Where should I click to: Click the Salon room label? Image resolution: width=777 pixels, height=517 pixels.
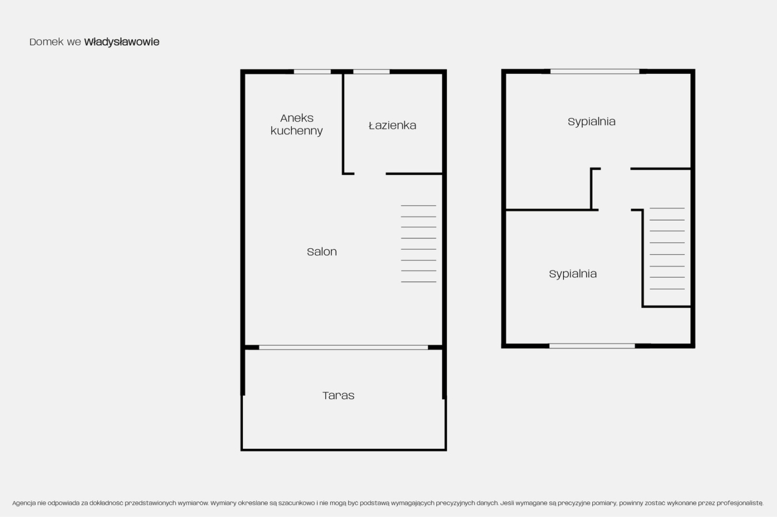click(322, 251)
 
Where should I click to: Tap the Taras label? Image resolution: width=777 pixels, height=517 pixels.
click(338, 396)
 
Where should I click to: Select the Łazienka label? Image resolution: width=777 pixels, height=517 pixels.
click(392, 125)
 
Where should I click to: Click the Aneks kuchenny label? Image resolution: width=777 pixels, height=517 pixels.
click(297, 124)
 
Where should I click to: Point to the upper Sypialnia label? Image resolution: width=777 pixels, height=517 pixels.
click(591, 122)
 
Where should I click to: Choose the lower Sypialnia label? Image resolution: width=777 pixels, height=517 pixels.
click(572, 274)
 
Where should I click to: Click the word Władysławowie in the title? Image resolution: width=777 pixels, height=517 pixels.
click(122, 42)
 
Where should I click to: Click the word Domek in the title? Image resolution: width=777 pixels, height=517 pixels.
click(47, 42)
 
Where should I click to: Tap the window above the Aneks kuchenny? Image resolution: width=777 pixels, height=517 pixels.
click(312, 72)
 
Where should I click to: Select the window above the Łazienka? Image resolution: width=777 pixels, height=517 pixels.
click(371, 72)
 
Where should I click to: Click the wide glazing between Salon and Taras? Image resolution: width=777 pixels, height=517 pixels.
click(343, 348)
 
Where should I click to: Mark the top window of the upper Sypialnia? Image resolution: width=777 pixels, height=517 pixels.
click(595, 71)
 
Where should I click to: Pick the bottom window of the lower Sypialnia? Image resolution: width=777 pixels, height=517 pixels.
click(592, 346)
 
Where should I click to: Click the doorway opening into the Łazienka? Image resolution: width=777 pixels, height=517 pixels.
click(370, 173)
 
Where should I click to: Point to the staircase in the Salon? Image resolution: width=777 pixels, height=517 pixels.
click(418, 243)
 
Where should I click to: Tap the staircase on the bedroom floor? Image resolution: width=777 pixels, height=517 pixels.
click(667, 248)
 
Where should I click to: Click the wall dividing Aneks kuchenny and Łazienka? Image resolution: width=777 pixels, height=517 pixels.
click(343, 123)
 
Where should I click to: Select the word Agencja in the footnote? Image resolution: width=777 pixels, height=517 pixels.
click(24, 503)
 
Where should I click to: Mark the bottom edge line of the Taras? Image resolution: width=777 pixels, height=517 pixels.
click(344, 450)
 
